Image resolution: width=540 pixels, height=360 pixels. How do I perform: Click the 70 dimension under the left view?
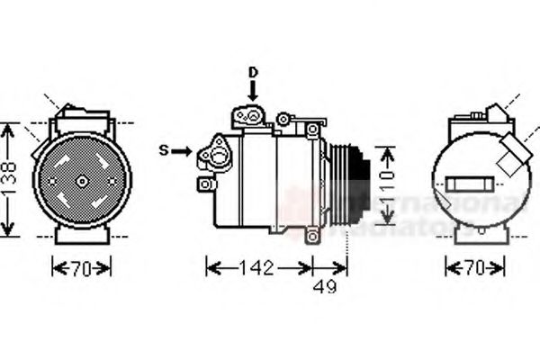(82, 267)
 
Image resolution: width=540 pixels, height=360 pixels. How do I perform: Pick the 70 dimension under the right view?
(474, 267)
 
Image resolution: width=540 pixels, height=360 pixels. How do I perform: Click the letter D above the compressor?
(253, 71)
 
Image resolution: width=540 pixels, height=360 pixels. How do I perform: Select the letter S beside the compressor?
(164, 150)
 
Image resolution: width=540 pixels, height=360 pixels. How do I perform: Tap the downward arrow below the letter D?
(253, 89)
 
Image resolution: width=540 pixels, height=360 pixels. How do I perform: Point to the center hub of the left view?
(82, 181)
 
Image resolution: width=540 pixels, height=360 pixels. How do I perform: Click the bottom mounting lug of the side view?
(312, 236)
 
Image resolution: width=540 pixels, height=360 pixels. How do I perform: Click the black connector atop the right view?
(494, 112)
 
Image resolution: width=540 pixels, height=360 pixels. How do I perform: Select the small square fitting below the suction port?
(206, 184)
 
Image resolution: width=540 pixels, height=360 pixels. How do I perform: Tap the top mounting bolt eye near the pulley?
(312, 130)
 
